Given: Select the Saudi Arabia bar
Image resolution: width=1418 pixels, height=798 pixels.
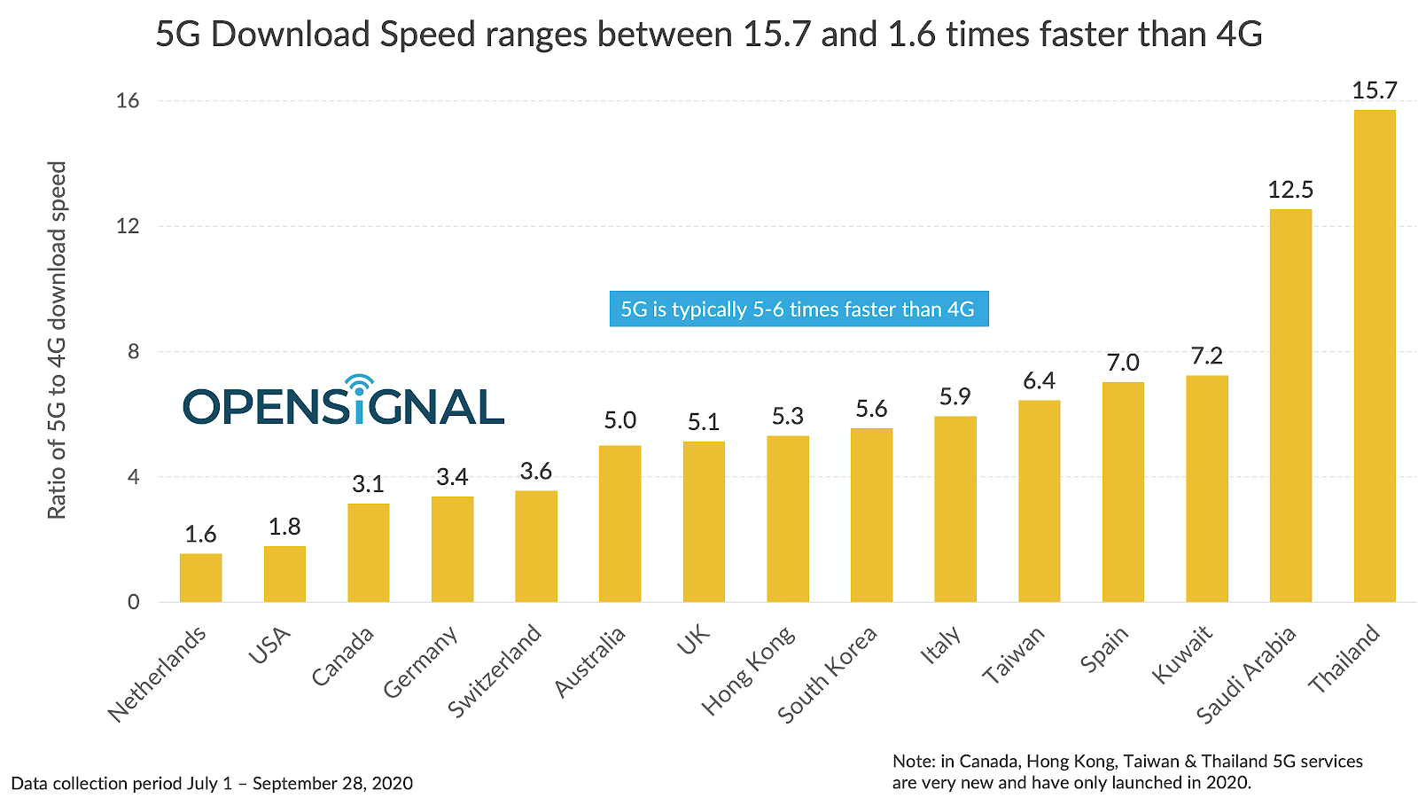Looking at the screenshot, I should (x=1290, y=406).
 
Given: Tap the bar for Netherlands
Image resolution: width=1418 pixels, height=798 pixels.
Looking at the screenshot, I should (x=200, y=578).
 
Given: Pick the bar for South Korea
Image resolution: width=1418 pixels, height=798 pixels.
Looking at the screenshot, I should (x=871, y=515).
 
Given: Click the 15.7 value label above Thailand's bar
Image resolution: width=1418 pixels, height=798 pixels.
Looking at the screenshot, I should (x=1375, y=90).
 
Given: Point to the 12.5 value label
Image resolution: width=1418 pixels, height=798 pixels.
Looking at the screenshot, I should (x=1290, y=190).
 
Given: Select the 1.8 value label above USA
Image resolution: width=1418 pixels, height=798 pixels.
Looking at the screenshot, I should (x=284, y=527).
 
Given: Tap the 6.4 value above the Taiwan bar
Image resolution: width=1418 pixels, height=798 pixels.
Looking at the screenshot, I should (x=1039, y=381).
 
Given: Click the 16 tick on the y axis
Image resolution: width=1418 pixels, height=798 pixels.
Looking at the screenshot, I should (x=128, y=101).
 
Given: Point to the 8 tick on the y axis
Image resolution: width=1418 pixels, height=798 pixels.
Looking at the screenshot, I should (x=133, y=352).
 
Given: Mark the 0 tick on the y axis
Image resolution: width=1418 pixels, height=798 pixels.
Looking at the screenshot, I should (x=133, y=602).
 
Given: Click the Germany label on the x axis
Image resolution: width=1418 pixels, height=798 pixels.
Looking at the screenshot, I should (x=422, y=662).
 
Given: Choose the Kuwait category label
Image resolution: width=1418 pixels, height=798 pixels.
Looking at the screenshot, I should (x=1182, y=654).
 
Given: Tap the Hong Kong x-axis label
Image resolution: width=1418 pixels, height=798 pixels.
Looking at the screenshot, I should (x=749, y=671).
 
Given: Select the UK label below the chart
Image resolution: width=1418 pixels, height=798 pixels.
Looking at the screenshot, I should (x=694, y=639).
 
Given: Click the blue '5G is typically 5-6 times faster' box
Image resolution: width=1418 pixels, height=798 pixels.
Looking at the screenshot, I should (x=798, y=309).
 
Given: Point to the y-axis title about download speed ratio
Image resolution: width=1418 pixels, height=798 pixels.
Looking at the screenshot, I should (x=57, y=340).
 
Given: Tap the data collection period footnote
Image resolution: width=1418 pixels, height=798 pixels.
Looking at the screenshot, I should (x=212, y=783).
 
